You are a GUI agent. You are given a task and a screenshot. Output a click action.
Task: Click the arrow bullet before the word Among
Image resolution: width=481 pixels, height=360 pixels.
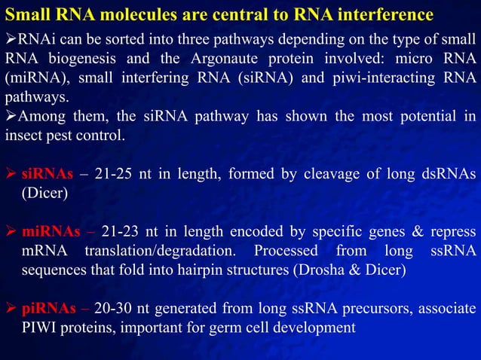(10, 117)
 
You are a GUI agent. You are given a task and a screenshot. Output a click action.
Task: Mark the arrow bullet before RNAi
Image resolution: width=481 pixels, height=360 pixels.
(10, 40)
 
